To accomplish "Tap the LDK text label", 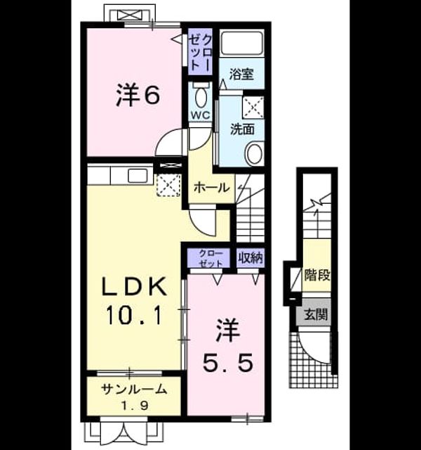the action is (x=135, y=287).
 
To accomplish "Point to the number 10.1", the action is (x=135, y=315).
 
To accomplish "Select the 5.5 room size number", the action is (x=228, y=362).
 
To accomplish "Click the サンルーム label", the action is (x=134, y=390).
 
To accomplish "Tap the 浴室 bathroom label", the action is (x=241, y=75).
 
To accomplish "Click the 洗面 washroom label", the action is (x=243, y=129).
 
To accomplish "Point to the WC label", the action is (x=201, y=115).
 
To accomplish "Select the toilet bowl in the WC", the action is (x=201, y=96).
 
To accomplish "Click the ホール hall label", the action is (x=212, y=188).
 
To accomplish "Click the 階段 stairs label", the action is (x=317, y=275).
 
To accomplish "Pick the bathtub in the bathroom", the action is (x=242, y=43).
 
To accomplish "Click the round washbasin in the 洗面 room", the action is (x=254, y=154).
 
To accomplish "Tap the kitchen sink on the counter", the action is (x=138, y=175).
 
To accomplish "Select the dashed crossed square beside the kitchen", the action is (x=168, y=185).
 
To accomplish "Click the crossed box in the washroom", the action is (x=253, y=107).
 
